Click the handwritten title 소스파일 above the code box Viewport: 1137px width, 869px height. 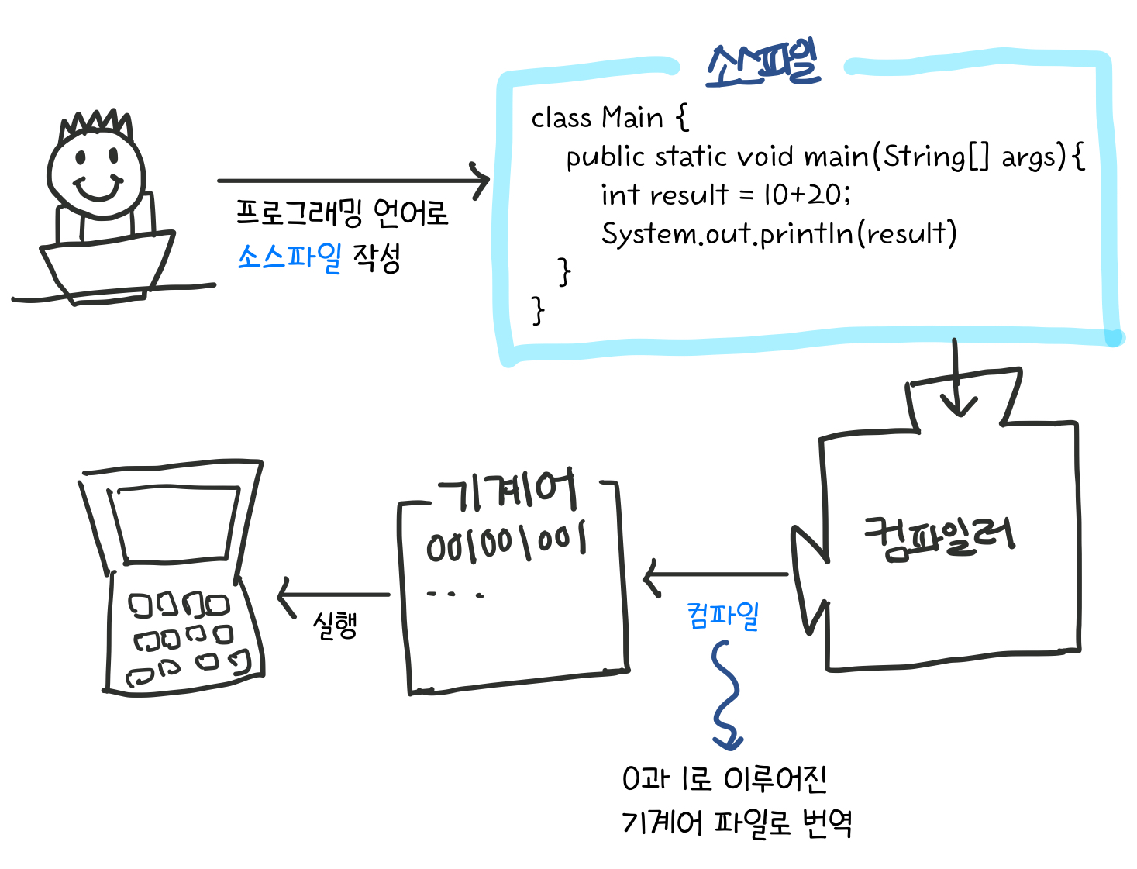tap(763, 64)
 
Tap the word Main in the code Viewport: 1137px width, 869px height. tap(632, 118)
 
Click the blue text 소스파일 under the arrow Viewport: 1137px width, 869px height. tap(289, 257)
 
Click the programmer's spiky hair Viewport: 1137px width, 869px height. tap(97, 124)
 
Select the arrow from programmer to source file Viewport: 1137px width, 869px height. tap(353, 181)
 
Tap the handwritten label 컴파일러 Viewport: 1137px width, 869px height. tap(939, 536)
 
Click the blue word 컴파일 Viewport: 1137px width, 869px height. tap(722, 616)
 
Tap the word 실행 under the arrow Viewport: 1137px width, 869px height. tap(335, 625)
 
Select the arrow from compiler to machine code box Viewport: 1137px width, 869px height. tap(715, 575)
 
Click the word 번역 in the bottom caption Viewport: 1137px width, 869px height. tap(827, 822)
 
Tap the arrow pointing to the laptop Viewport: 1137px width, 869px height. tap(333, 595)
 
